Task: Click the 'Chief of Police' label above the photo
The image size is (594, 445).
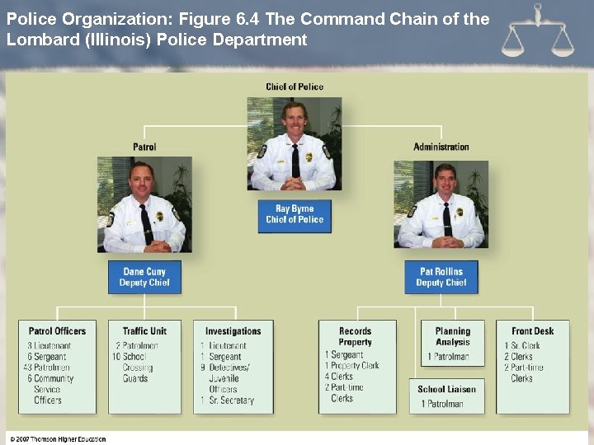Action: (295, 87)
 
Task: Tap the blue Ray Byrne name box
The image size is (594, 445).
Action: (295, 215)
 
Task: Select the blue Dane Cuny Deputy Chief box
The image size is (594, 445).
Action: (144, 277)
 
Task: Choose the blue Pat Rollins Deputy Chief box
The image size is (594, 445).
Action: (441, 277)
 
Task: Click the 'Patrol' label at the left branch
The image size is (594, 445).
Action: (144, 147)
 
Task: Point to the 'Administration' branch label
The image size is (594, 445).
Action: (441, 147)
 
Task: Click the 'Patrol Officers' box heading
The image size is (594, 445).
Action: (58, 331)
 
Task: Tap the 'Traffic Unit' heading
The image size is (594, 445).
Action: (144, 331)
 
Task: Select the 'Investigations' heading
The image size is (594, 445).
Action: (233, 331)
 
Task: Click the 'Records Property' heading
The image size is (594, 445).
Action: (356, 336)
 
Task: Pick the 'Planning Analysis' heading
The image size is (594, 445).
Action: (452, 336)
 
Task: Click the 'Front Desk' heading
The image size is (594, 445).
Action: (532, 331)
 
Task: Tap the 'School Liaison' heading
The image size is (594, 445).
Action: (446, 389)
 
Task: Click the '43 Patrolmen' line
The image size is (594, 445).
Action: (47, 368)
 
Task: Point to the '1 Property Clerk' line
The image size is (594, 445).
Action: (352, 365)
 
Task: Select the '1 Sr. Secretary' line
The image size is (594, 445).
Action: (227, 400)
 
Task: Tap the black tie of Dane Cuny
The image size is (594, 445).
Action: (146, 222)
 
